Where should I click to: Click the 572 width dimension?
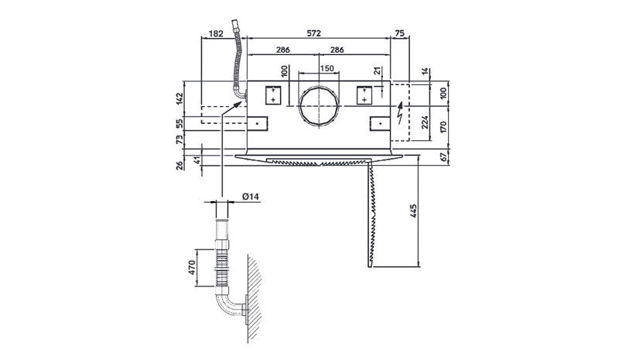click(x=314, y=33)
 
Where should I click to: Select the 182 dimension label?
click(x=216, y=33)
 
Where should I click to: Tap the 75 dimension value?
click(x=399, y=33)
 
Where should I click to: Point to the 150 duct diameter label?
click(x=327, y=68)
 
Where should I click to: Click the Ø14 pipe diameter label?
click(x=251, y=196)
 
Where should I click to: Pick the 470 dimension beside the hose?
click(x=192, y=268)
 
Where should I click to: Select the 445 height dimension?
click(x=413, y=211)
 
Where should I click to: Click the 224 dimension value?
click(x=425, y=122)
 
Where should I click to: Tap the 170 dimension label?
click(x=443, y=127)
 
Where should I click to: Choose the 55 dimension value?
click(x=180, y=124)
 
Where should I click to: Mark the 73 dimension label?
click(x=180, y=139)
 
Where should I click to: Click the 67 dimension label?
click(x=443, y=157)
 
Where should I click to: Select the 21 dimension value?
click(x=378, y=70)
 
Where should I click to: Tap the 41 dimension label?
click(x=197, y=160)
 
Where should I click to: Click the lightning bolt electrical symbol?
click(x=400, y=113)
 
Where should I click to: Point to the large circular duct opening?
click(x=319, y=106)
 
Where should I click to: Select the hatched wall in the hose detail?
click(x=255, y=299)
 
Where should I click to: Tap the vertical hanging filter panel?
click(x=371, y=214)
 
